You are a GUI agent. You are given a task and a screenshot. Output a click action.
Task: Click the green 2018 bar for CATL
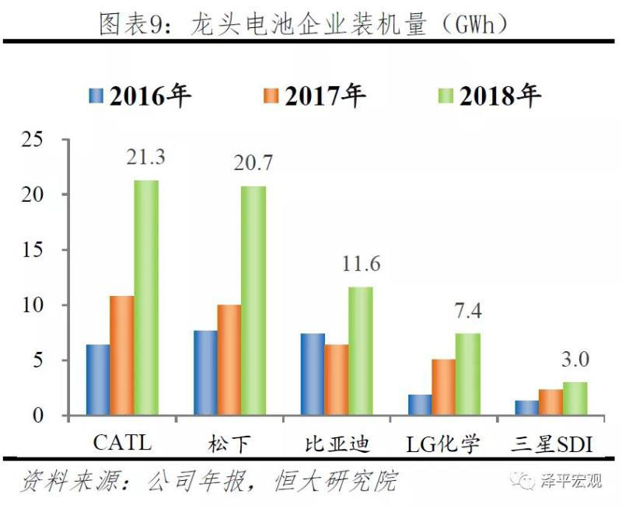146,298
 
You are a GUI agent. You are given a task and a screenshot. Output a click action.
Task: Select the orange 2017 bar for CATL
122,356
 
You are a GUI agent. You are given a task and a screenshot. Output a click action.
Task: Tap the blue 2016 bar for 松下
205,374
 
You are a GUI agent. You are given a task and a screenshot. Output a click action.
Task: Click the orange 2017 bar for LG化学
444,387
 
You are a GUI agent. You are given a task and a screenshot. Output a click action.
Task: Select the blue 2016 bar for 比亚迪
313,374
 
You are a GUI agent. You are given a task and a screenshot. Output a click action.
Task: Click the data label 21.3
146,157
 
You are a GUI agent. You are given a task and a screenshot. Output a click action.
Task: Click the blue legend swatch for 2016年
96,96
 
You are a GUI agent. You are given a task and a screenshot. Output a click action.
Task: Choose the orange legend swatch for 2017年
271,96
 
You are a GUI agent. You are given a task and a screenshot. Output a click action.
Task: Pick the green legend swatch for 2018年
446,96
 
